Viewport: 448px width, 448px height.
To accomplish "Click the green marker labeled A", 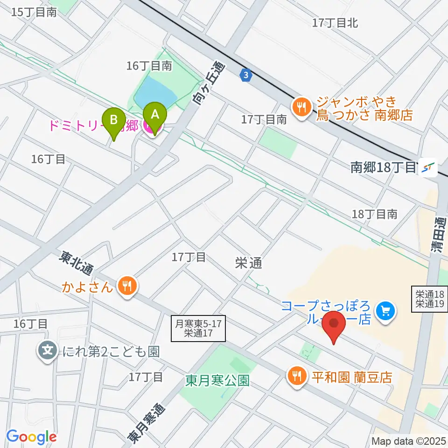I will tap(155, 116).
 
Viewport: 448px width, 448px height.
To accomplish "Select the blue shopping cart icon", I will tap(385, 309).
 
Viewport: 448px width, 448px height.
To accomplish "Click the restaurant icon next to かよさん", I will tap(126, 286).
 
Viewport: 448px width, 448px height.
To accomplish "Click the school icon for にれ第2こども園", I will tap(49, 351).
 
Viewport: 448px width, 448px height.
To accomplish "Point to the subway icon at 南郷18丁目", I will tap(427, 168).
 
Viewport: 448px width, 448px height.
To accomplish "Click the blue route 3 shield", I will tap(246, 74).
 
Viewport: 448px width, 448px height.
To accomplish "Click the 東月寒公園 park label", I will tap(216, 380).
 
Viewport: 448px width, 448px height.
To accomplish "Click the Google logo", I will tap(31, 437).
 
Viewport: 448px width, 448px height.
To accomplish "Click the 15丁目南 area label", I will tap(34, 12).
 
